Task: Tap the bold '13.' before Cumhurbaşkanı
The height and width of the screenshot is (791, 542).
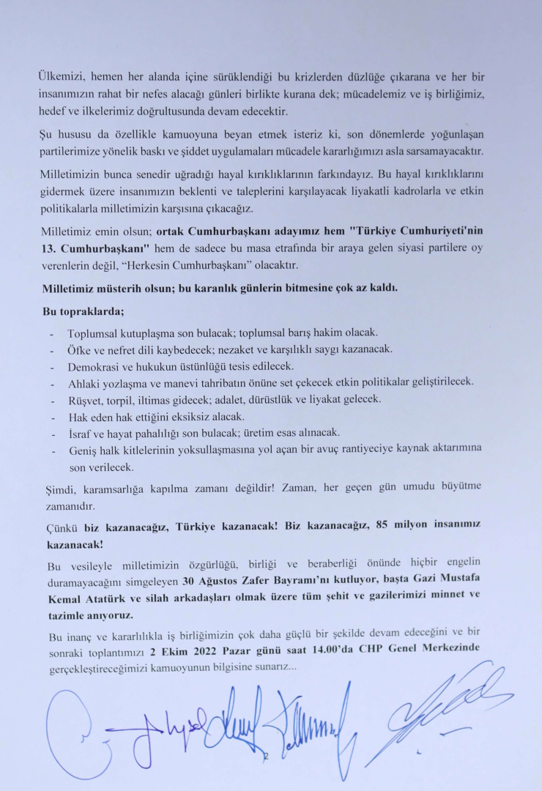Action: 51,248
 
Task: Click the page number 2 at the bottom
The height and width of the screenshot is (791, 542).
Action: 266,757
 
